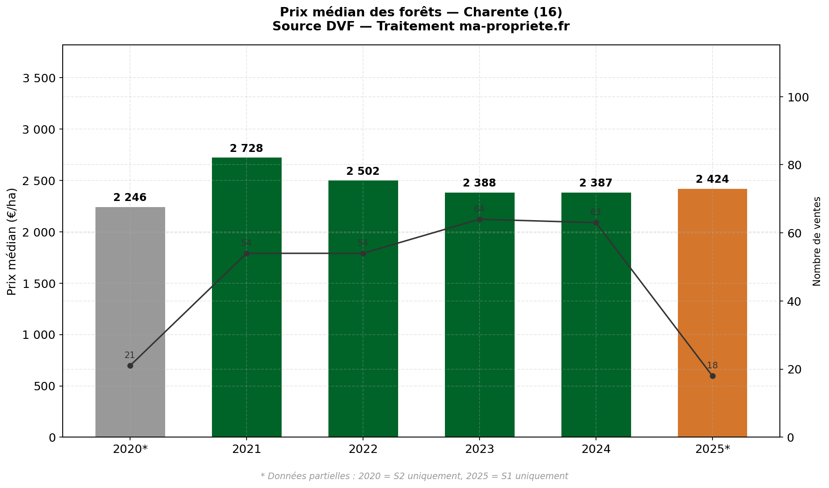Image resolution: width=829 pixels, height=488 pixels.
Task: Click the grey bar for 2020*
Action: tap(130, 323)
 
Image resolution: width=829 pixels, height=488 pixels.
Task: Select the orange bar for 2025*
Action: tap(712, 313)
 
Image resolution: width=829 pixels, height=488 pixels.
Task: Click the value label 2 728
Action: tap(246, 149)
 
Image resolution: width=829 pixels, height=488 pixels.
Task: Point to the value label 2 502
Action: tap(363, 172)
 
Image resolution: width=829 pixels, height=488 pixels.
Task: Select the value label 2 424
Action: tap(712, 179)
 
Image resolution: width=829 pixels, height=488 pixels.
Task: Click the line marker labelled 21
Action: tap(130, 366)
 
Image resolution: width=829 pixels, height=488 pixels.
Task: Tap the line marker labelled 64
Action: tap(480, 219)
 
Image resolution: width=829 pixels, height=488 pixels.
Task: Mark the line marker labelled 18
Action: tap(712, 376)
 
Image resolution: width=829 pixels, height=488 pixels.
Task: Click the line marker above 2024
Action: tap(596, 222)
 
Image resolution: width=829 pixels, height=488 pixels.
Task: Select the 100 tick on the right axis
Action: tap(798, 97)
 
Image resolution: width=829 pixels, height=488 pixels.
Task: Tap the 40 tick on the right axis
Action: tap(794, 301)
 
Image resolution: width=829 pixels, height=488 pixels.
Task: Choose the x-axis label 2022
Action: tap(363, 450)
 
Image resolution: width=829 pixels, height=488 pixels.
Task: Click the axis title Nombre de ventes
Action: tap(817, 241)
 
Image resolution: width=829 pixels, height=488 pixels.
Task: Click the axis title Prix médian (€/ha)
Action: tap(12, 241)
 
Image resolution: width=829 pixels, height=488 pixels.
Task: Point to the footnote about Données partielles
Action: tap(414, 476)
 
